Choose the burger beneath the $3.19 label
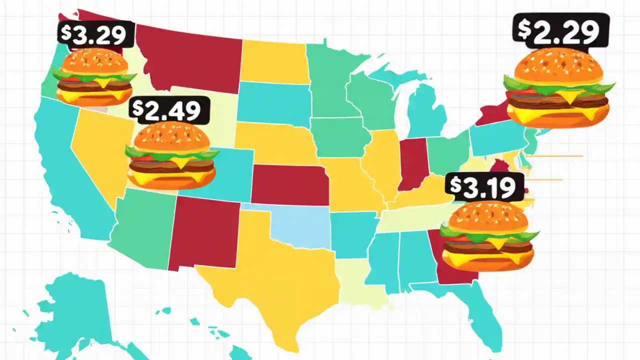tap(487, 235)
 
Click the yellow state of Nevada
tap(95, 150)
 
